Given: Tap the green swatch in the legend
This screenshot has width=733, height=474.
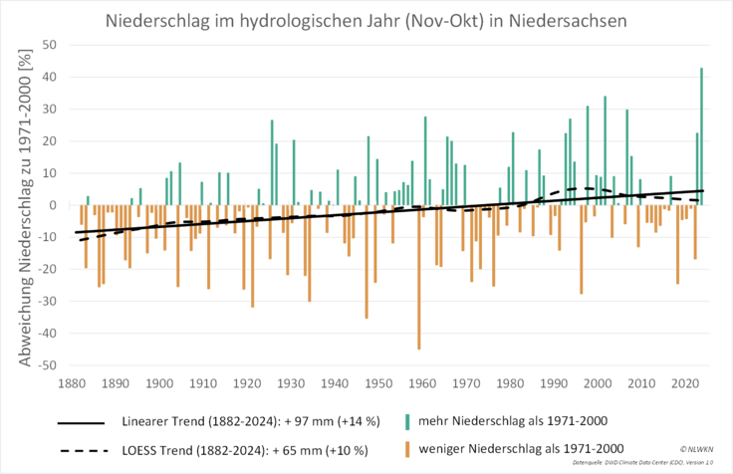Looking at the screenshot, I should (x=407, y=421).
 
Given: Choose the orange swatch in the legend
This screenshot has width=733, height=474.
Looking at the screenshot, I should (x=407, y=450).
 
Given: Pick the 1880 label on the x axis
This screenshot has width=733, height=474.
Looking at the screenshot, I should (x=69, y=382).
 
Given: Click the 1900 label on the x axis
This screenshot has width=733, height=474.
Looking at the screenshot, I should (x=157, y=382).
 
